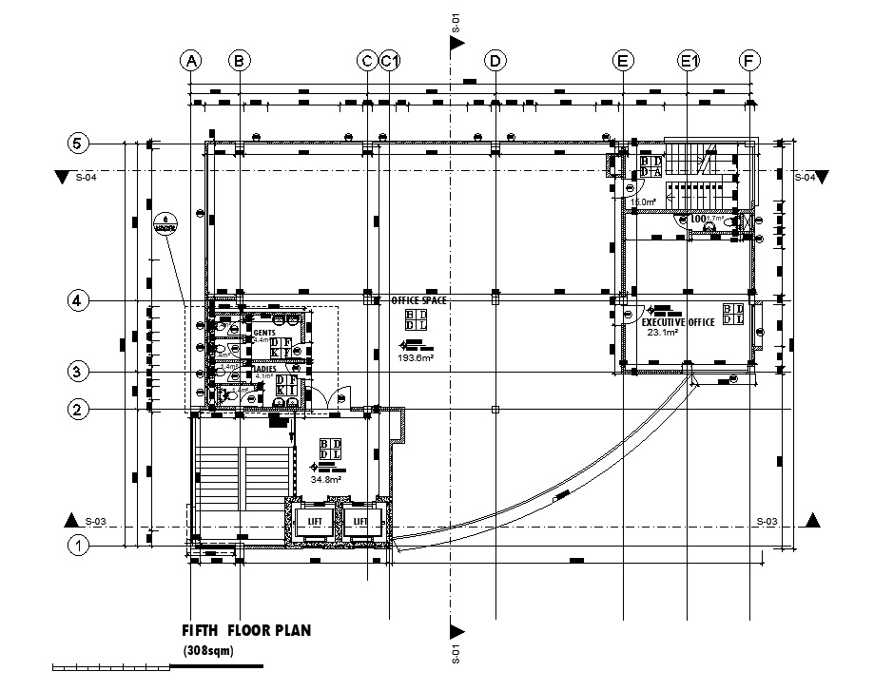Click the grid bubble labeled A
click(x=192, y=61)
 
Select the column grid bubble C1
click(x=389, y=61)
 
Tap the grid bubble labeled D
click(x=495, y=61)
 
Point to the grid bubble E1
click(x=689, y=61)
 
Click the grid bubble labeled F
click(x=750, y=61)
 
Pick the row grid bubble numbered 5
click(x=78, y=144)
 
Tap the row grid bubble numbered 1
click(x=78, y=546)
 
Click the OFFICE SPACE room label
click(x=419, y=300)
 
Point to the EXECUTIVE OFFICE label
click(x=677, y=323)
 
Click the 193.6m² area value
click(x=417, y=357)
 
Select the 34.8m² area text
click(x=325, y=480)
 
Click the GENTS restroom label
click(x=264, y=333)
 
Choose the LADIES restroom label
click(x=265, y=368)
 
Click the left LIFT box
click(x=313, y=522)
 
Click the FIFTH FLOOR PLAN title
click(x=246, y=630)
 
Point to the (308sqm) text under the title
click(x=207, y=651)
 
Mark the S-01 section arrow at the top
click(x=456, y=40)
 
